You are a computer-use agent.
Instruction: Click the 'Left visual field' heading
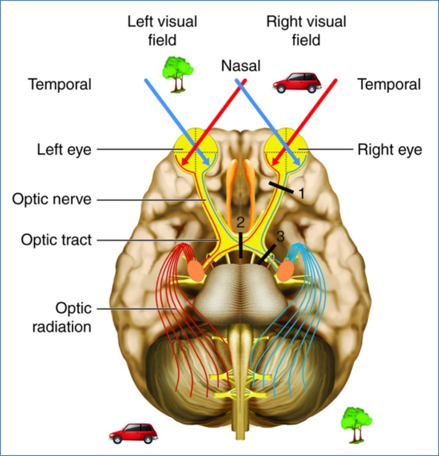coord(163,30)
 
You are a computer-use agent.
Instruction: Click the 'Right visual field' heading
coord(306,30)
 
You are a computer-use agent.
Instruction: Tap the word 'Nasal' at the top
coord(240,66)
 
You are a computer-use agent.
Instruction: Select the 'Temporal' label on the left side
coord(60,84)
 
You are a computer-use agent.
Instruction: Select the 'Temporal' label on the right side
coord(389,84)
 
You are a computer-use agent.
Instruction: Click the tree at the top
coord(177,73)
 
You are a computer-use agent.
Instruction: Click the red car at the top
coord(297,83)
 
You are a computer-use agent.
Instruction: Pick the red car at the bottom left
coord(133,433)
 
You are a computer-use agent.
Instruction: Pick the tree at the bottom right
coord(356,423)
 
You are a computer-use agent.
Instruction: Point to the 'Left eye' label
coord(64,150)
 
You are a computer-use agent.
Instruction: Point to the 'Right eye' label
coord(389,150)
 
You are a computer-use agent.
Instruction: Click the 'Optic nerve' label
coord(51,199)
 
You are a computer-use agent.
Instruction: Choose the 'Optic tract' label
coord(56,240)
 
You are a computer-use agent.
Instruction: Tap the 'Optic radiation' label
coord(73,317)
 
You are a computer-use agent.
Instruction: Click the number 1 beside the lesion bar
coord(301,193)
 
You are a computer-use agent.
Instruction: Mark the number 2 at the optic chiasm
coord(240,221)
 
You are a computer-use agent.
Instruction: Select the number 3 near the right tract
coord(280,237)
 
